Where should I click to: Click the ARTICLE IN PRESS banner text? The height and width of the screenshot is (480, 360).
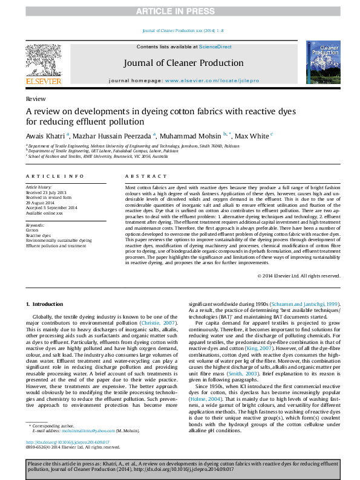click(x=180, y=11)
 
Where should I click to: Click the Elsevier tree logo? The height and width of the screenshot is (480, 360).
click(x=43, y=60)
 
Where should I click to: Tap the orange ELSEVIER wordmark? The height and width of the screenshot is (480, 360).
click(x=43, y=81)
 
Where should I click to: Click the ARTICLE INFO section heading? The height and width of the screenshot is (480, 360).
click(x=55, y=176)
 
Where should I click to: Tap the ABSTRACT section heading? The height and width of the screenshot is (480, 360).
click(x=142, y=176)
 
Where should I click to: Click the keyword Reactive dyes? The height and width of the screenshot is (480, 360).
click(x=38, y=235)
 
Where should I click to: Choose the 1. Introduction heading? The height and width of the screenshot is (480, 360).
click(x=47, y=303)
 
